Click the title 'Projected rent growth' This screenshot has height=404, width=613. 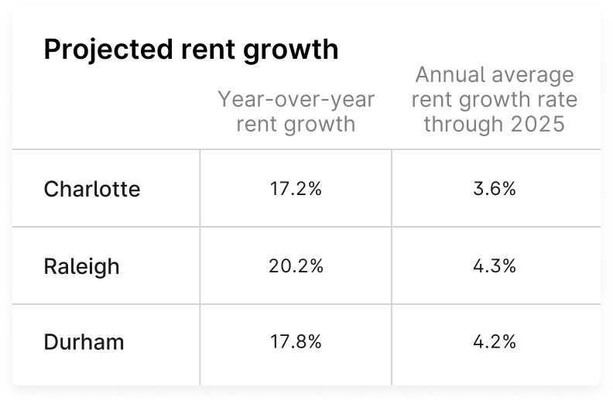click(x=191, y=50)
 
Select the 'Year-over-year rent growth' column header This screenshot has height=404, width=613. click(x=296, y=111)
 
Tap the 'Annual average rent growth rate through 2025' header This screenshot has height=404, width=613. click(x=495, y=100)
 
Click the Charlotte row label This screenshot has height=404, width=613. click(x=92, y=189)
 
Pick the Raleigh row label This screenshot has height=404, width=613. click(x=81, y=266)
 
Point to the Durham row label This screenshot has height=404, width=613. click(x=84, y=342)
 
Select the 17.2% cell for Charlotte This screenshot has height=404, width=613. click(x=296, y=189)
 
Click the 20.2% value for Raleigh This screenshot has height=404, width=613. click(x=296, y=266)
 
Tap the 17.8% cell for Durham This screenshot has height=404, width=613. click(x=296, y=342)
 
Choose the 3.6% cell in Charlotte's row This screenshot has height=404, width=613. click(x=495, y=189)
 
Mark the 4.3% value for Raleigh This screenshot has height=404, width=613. click(x=495, y=266)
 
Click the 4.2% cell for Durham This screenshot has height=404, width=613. click(x=495, y=342)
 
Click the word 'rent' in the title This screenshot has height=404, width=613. click(x=202, y=50)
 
